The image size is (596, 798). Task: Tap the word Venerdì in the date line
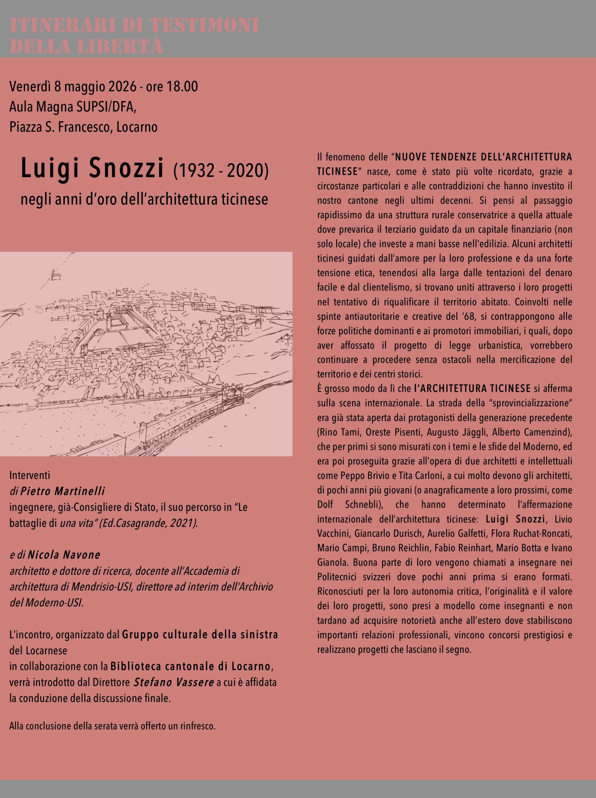tap(30, 87)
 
